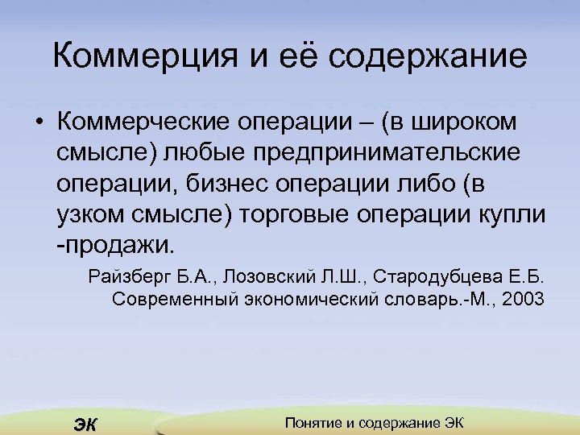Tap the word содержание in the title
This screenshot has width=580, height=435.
(428, 56)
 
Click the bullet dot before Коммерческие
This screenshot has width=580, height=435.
(38, 122)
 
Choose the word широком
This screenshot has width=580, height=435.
(465, 122)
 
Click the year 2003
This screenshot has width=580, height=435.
(522, 300)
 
